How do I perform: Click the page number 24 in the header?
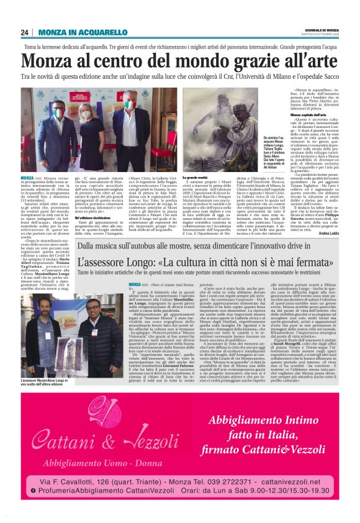[25, 32]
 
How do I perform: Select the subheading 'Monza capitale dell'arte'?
[294, 116]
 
